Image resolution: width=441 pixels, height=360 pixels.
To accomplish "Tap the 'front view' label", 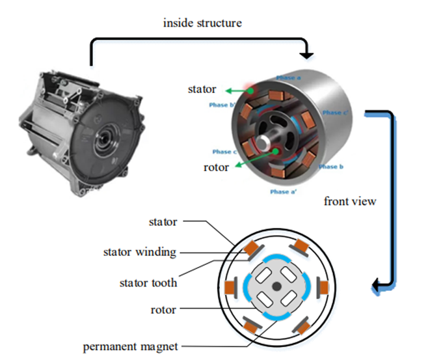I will (x=349, y=201).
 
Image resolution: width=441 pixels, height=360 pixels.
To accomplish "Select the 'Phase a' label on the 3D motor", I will (x=288, y=77).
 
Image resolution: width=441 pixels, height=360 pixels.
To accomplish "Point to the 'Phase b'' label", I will (x=222, y=104).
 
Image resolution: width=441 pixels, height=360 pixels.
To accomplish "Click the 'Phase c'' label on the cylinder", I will (x=336, y=113).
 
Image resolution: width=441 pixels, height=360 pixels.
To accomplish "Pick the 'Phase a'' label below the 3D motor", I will (x=284, y=192).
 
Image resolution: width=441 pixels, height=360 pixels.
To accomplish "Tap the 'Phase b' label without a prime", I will (x=331, y=167).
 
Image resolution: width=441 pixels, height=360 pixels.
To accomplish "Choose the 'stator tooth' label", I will (x=148, y=283).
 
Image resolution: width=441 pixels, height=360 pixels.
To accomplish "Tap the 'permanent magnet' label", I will (x=130, y=346).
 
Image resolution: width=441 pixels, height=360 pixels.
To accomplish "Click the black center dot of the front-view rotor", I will (x=277, y=286).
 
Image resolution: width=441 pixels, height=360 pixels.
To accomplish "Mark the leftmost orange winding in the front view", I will (x=230, y=286).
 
